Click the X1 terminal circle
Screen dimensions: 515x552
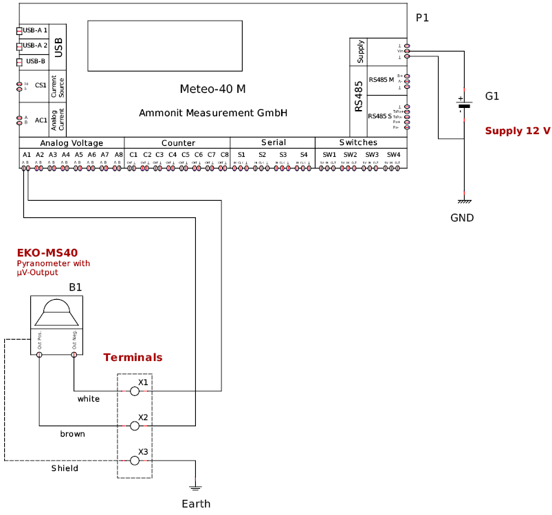click(x=135, y=391)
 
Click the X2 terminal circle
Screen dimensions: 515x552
click(x=135, y=426)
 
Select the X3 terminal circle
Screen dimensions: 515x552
click(x=135, y=461)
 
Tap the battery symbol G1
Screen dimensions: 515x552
click(x=465, y=105)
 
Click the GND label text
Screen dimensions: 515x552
click(x=462, y=218)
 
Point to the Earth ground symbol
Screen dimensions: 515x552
click(x=196, y=487)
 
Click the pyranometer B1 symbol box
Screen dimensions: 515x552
click(x=57, y=325)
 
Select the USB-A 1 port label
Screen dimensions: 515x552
click(x=34, y=30)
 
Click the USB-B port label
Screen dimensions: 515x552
click(x=35, y=61)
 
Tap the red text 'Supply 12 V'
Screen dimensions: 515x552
click(x=518, y=131)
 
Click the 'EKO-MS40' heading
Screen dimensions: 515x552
click(x=47, y=253)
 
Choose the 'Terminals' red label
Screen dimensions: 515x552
click(x=133, y=358)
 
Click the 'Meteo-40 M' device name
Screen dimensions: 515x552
click(x=212, y=89)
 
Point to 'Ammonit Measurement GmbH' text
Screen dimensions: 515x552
click(x=212, y=113)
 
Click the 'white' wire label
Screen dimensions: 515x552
click(x=88, y=399)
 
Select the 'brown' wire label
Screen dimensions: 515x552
click(x=72, y=434)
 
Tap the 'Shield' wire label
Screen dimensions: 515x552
click(x=65, y=468)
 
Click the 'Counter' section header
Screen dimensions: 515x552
click(x=178, y=143)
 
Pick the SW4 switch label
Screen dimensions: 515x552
click(x=393, y=155)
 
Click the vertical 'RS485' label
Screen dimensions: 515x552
click(x=359, y=96)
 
